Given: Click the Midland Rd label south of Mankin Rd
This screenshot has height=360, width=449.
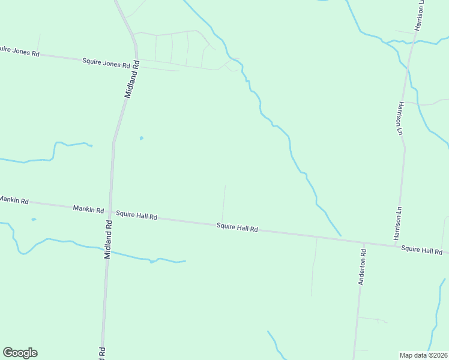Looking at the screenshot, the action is point(108,238).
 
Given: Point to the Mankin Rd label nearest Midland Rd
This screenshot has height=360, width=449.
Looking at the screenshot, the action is point(88,209).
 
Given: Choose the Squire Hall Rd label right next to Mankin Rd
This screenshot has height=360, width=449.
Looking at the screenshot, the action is point(136,215).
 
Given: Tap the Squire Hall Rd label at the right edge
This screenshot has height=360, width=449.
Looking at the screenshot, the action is point(422,250).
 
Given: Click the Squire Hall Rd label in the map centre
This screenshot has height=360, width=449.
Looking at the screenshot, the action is point(237,228).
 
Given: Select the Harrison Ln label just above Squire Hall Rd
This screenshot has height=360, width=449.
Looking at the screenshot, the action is point(398,223).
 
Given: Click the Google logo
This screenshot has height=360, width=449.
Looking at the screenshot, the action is point(20,353).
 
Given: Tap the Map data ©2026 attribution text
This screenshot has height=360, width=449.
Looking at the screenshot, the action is point(424,355).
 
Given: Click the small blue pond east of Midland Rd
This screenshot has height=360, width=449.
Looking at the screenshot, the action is point(142,138).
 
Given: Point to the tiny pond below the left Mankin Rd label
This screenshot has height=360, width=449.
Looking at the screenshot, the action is point(34,220).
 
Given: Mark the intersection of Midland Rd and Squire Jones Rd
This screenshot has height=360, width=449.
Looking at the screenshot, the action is point(137,61).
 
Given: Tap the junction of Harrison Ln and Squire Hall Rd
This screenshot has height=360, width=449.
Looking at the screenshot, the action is point(397,245).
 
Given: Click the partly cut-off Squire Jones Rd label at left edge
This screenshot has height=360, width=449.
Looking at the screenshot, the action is point(19,52).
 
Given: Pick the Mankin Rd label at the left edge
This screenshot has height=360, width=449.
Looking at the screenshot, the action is point(14,200).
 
